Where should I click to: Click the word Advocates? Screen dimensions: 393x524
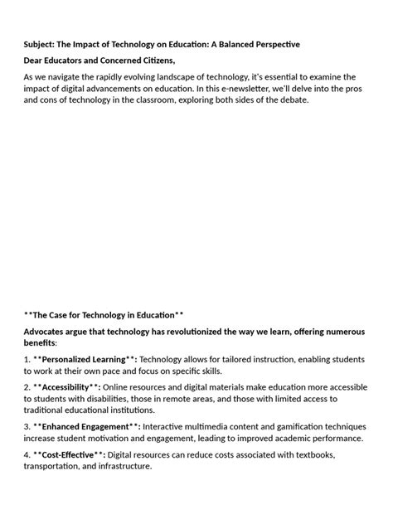tap(48, 332)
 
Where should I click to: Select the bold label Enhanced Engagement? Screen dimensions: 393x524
tap(85, 427)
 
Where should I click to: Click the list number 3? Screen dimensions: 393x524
tap(27, 427)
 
